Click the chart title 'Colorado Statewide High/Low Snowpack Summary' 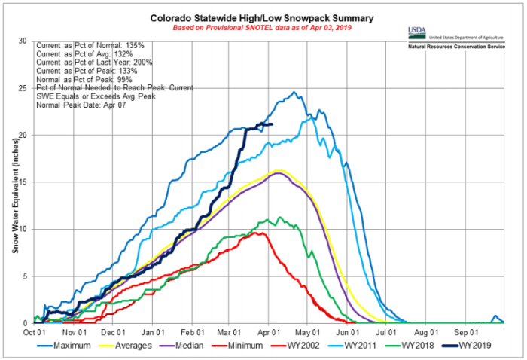(263, 17)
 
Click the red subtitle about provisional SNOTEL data (263, 29)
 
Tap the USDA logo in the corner (416, 32)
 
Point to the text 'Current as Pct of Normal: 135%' (93, 46)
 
